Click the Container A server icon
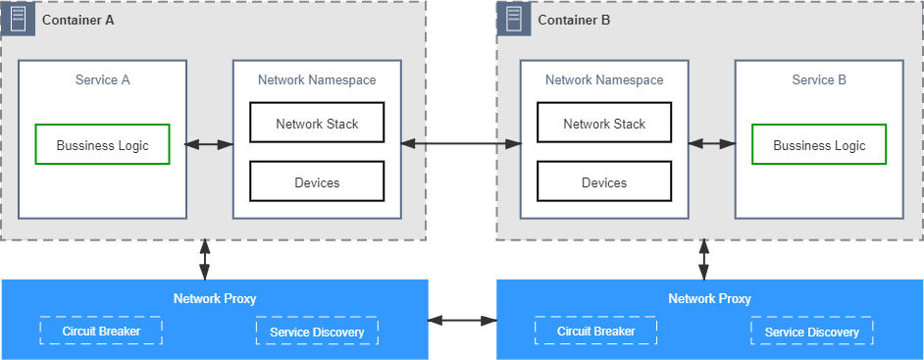pos(18,19)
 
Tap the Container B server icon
pos(514,19)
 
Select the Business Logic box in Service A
pos(103,144)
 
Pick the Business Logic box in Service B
pos(819,144)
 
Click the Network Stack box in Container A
pos(317,123)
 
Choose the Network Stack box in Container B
pos(604,123)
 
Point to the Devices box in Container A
pos(317,181)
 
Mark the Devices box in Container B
pos(604,181)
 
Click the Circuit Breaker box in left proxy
pos(101,332)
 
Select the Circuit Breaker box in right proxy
pos(596,332)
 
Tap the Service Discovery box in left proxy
pos(317,332)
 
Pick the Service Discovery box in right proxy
pos(812,332)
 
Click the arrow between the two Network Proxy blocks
pos(463,321)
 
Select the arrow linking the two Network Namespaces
pos(461,143)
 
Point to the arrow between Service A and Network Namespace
pos(209,144)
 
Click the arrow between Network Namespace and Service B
pos(712,143)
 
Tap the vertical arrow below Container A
pos(204,259)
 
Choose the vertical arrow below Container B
pos(703,259)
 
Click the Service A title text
pos(103,80)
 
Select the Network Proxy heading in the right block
pos(709,299)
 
